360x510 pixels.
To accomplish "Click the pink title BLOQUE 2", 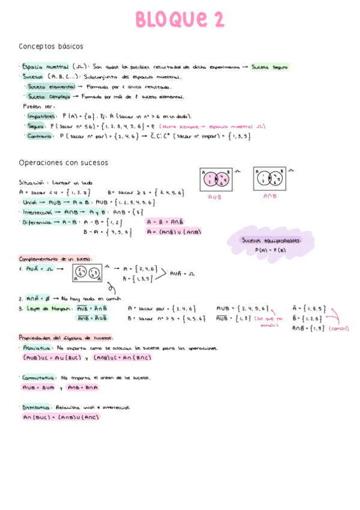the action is pos(180,20).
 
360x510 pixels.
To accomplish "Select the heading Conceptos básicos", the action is pos(51,46).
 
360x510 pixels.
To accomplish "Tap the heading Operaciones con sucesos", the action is pos(63,162).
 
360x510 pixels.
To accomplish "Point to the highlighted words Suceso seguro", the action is pos(270,67).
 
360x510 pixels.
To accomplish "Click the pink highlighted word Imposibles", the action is pos(42,116).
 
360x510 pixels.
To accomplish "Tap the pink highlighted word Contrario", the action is pos(40,136).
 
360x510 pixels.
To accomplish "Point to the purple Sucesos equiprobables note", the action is pos(270,240).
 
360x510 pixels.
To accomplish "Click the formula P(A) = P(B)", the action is pos(270,249).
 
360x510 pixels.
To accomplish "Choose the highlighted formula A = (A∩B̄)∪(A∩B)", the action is pos(174,232).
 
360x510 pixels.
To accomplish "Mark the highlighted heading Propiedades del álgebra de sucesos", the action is pos(66,337).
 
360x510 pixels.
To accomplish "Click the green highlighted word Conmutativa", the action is pos(38,378).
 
